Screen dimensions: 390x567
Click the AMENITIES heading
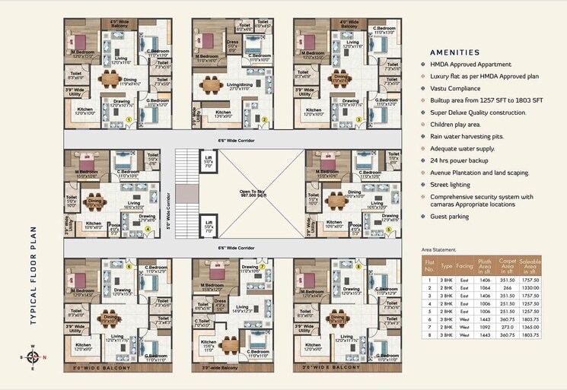coord(454,52)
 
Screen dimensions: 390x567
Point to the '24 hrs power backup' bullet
coord(465,161)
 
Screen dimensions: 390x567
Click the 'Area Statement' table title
coord(440,249)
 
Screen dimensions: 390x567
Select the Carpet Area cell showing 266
coord(507,288)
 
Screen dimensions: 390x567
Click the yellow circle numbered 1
coord(129,119)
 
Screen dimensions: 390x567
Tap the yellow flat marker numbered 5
coord(387,229)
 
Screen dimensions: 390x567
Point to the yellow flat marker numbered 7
coord(263,267)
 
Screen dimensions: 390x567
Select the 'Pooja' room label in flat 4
coord(115,225)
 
